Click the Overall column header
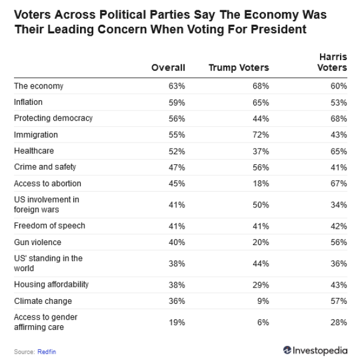coord(168,68)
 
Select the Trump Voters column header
coord(238,68)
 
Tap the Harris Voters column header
coord(332,62)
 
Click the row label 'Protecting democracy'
coord(53,118)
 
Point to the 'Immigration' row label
coord(36,135)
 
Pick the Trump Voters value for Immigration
coord(261,135)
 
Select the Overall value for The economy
coord(177,86)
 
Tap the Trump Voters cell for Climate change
coord(264,301)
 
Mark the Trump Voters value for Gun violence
coord(261,242)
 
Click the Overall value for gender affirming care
coord(177,323)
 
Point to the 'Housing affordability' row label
coord(52,285)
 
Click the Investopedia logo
coord(315,351)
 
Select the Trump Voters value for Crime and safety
coord(261,167)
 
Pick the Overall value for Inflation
coord(177,103)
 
